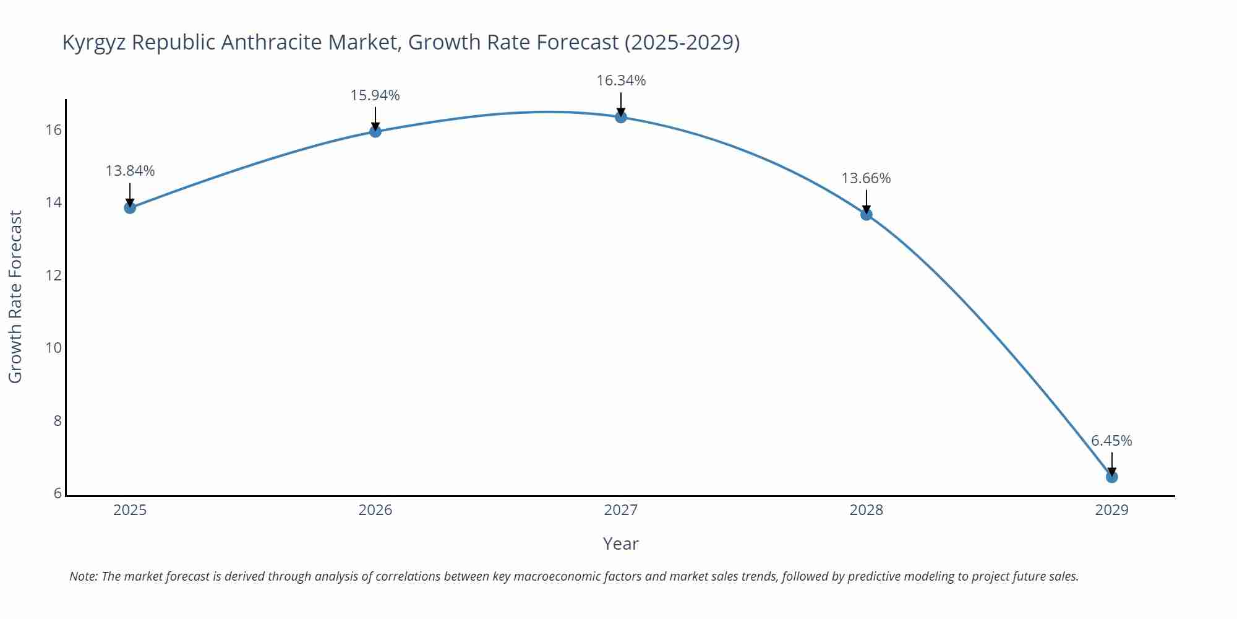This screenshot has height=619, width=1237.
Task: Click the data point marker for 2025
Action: coord(130,207)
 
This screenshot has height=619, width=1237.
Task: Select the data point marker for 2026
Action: coord(375,131)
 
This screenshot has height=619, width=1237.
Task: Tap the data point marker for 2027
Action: coord(621,117)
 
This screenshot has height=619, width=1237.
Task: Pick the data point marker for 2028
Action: coord(867,214)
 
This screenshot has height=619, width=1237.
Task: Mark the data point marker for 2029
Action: coord(1111,477)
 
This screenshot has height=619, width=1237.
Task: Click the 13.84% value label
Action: coord(130,171)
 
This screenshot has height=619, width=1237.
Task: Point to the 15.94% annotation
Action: coord(375,95)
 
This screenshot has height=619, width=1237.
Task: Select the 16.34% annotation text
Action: coord(621,80)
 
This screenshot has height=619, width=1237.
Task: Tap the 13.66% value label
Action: coord(866,178)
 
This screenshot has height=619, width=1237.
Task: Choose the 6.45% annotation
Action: coord(1111,441)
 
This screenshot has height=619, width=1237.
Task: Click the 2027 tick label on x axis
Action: coord(621,510)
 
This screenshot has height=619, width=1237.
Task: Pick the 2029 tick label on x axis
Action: coord(1111,510)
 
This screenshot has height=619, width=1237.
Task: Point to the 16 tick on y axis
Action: coord(53,130)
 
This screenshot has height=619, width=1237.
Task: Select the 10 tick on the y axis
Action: coord(53,348)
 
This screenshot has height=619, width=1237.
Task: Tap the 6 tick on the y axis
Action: coord(58,493)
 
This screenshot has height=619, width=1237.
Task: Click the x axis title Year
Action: coord(620,543)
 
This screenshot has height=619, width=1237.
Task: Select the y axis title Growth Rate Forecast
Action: coord(15,297)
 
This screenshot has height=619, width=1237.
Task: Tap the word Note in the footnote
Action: coord(83,576)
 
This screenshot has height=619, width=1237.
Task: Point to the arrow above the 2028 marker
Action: coord(867,201)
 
